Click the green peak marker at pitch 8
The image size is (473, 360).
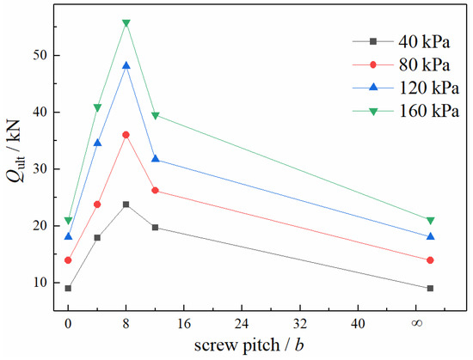tap(126, 23)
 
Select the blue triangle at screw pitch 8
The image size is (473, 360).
tap(126, 65)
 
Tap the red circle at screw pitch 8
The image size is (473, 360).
tap(126, 135)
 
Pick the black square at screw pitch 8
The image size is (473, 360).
tap(126, 204)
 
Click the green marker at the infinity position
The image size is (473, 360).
tap(430, 221)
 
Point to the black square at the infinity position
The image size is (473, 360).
tap(430, 289)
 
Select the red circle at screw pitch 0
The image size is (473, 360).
tap(68, 260)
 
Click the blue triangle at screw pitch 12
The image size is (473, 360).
tap(156, 159)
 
